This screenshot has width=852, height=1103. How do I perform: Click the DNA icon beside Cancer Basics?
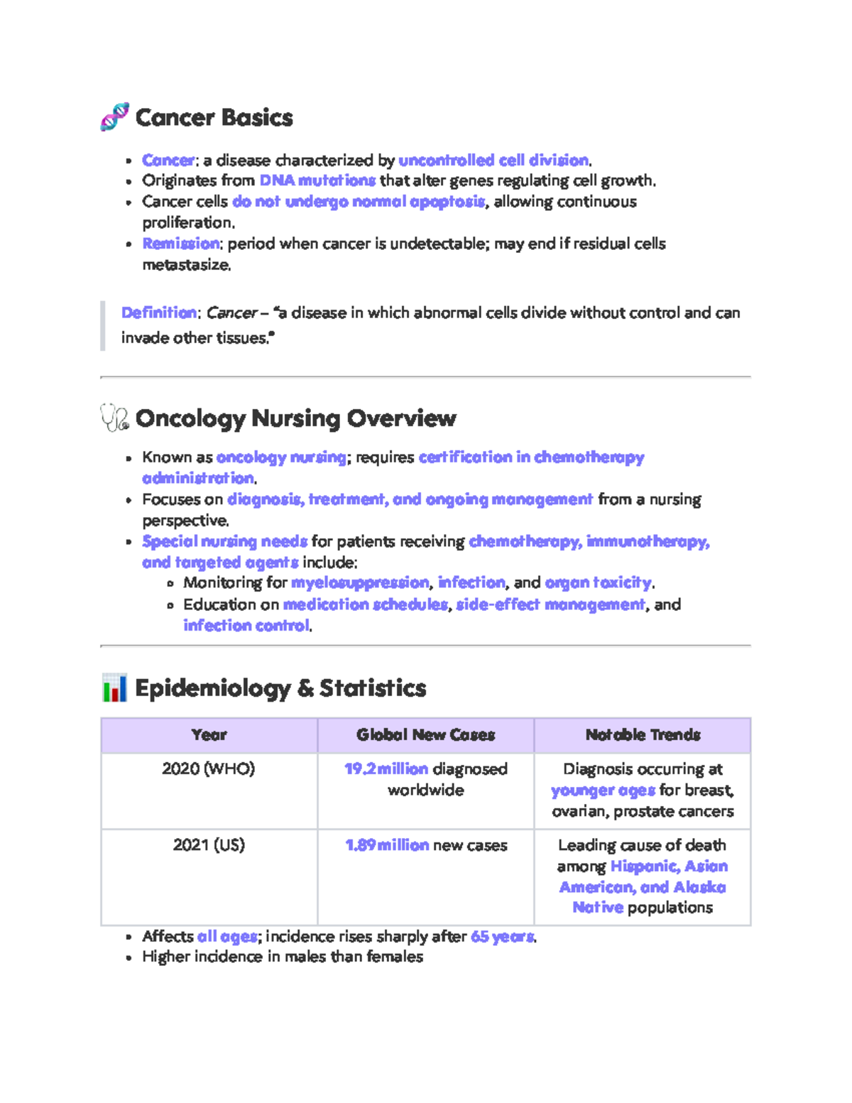pyautogui.click(x=114, y=117)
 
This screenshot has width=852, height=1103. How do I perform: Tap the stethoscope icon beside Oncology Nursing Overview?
pyautogui.click(x=114, y=418)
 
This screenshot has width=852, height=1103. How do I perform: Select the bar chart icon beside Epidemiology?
pyautogui.click(x=114, y=688)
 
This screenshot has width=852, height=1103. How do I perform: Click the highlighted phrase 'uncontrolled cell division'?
pyautogui.click(x=493, y=161)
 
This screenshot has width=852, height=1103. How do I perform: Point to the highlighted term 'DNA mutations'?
pyautogui.click(x=317, y=180)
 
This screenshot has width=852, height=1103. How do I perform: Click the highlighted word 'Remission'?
pyautogui.click(x=181, y=244)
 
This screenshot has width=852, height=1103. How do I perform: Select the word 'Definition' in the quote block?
pyautogui.click(x=159, y=313)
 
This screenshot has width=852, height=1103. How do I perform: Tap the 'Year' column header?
pyautogui.click(x=209, y=735)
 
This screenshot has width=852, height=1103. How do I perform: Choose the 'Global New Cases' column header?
pyautogui.click(x=425, y=735)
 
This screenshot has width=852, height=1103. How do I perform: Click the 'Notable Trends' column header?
pyautogui.click(x=643, y=735)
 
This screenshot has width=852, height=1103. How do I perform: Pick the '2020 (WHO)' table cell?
pyautogui.click(x=209, y=769)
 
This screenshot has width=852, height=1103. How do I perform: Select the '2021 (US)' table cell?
pyautogui.click(x=209, y=845)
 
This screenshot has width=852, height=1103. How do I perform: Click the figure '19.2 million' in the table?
pyautogui.click(x=386, y=769)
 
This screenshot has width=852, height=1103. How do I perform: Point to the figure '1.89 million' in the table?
pyautogui.click(x=387, y=845)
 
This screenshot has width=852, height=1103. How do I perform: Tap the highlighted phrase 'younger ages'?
pyautogui.click(x=603, y=790)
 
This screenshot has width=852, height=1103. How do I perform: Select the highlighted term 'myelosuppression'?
pyautogui.click(x=360, y=583)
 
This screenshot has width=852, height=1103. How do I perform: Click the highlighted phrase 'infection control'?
pyautogui.click(x=246, y=626)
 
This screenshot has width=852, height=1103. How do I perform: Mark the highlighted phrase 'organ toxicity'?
pyautogui.click(x=599, y=583)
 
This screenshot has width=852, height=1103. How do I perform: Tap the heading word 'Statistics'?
pyautogui.click(x=373, y=688)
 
